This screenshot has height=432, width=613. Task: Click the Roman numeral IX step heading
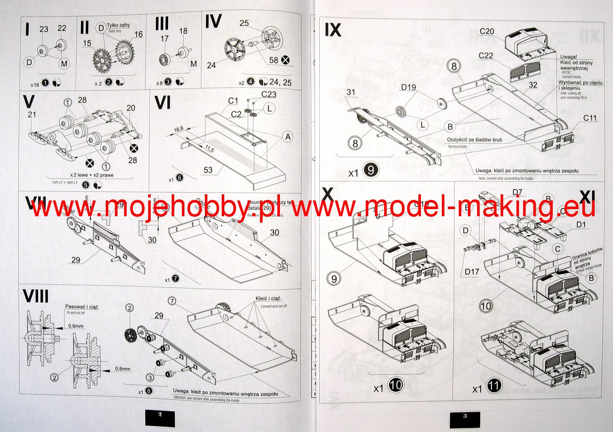pyautogui.click(x=333, y=31)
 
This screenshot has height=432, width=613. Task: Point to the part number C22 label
pyautogui.click(x=486, y=55)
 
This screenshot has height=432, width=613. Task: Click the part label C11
pyautogui.click(x=589, y=118)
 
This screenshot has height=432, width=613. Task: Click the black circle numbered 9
pyautogui.click(x=370, y=172)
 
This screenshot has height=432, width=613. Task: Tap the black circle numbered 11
pyautogui.click(x=493, y=387)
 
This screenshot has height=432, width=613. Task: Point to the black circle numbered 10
pyautogui.click(x=396, y=387)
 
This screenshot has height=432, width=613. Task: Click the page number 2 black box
pyautogui.click(x=160, y=417)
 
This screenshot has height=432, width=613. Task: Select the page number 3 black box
pyautogui.click(x=465, y=417)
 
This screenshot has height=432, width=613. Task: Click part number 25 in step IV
pyautogui.click(x=244, y=23)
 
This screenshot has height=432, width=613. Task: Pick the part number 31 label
pyautogui.click(x=350, y=92)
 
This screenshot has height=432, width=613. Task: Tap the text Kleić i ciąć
pyautogui.click(x=262, y=298)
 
